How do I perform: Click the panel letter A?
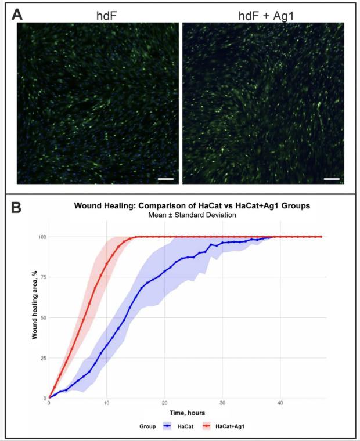pyautogui.click(x=17, y=14)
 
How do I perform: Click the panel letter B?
pyautogui.click(x=17, y=207)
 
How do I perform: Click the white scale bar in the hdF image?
pyautogui.click(x=165, y=179)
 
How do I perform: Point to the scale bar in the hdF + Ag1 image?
pyautogui.click(x=332, y=179)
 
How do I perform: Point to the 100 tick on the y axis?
pyautogui.click(x=42, y=237)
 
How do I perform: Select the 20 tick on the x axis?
pyautogui.click(x=164, y=404)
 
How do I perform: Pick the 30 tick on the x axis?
pyautogui.click(x=222, y=404)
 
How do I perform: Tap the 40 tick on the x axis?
pyautogui.click(x=280, y=404)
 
